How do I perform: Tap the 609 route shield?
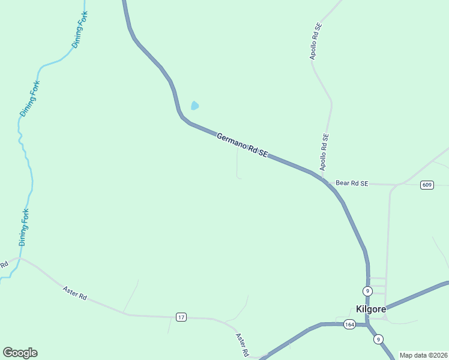pos(427,185)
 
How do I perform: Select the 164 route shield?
pos(350,325)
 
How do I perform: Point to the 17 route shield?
pos(181,316)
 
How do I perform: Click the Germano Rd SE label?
pos(241,146)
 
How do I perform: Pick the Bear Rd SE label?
pos(351,183)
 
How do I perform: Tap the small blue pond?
pos(194,106)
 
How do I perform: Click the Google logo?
pos(20,353)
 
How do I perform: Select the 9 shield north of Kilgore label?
pos(368,291)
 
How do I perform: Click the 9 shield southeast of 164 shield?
pos(378,339)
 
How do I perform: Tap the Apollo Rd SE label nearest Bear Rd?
pos(324,152)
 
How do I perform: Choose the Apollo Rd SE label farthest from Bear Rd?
pos(316,41)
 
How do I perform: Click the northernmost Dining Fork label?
pos(80,29)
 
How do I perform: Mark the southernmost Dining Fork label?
pos(24,227)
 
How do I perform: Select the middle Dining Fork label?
pos(28,99)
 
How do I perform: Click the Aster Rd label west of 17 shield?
pos(75,293)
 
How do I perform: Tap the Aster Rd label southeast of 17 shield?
pos(243,346)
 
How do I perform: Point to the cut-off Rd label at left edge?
pos(4,265)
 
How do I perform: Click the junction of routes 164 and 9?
pos(367,325)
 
